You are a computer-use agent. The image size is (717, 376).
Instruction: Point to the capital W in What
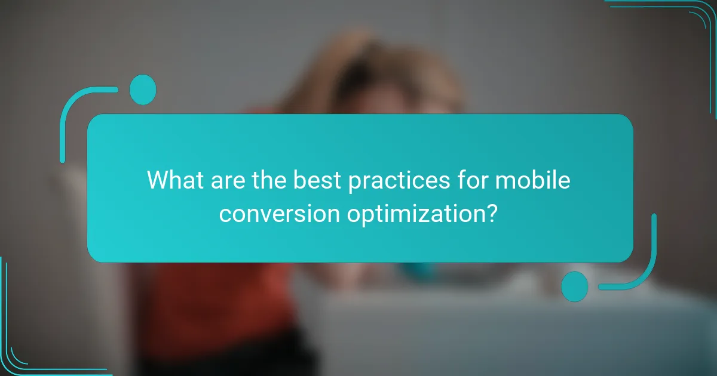pos(159,180)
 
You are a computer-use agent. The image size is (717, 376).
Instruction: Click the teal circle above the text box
pos(143,90)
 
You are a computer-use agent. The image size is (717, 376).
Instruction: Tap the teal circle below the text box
pos(575,286)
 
